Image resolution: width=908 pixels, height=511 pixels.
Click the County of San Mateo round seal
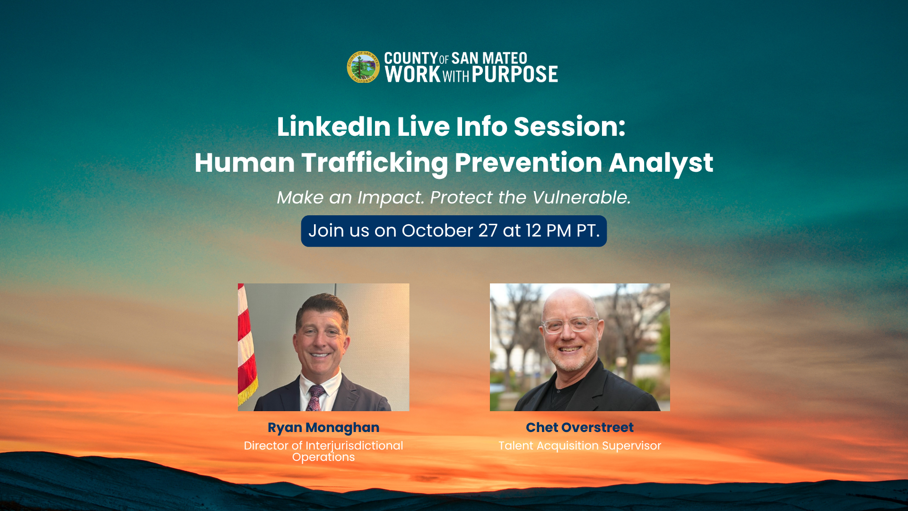(363, 67)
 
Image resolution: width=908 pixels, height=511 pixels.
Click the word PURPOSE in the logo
(515, 74)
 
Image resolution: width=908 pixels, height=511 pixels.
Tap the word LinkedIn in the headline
(334, 127)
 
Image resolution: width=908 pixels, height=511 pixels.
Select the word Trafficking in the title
(375, 163)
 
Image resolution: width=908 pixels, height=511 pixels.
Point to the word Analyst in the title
(661, 163)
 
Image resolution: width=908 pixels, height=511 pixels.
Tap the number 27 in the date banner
(488, 231)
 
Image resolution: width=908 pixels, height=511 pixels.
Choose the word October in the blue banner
(437, 231)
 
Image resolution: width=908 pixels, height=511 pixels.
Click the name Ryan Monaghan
(323, 428)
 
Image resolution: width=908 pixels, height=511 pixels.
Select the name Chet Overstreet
(580, 427)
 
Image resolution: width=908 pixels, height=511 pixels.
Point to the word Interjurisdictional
(354, 446)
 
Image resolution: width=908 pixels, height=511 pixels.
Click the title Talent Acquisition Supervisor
(580, 446)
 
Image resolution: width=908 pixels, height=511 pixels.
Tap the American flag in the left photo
(247, 345)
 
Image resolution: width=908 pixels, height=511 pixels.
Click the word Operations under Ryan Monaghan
(323, 457)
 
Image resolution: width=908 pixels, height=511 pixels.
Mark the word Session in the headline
(569, 127)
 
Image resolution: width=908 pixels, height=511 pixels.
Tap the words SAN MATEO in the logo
(489, 58)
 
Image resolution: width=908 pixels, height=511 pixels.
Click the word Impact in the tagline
(391, 198)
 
